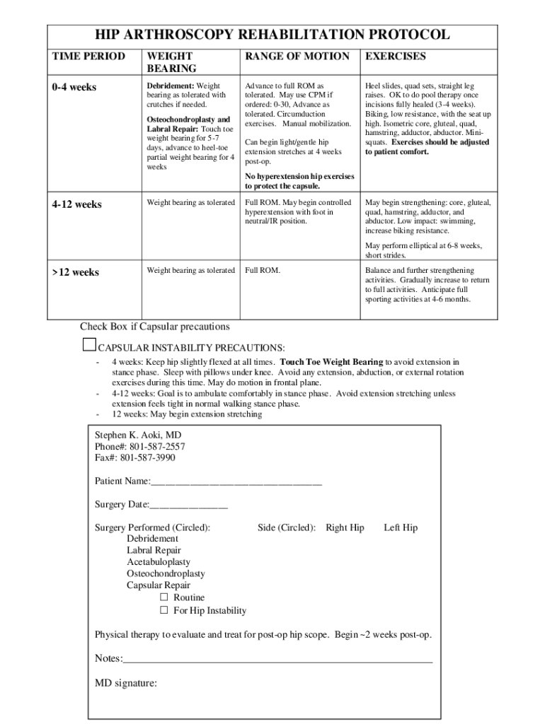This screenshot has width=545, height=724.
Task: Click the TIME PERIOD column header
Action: pyautogui.click(x=88, y=57)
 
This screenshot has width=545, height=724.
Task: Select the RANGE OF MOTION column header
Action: pyautogui.click(x=297, y=57)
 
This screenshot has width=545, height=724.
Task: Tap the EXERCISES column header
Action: pyautogui.click(x=395, y=57)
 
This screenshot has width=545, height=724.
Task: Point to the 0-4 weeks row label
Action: pyautogui.click(x=74, y=88)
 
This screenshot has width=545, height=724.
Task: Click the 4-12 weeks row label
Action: pyautogui.click(x=76, y=204)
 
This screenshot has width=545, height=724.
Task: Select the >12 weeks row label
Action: pyautogui.click(x=74, y=272)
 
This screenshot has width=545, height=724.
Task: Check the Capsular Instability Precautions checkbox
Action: pyautogui.click(x=88, y=344)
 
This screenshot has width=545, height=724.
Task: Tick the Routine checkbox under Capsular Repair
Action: pyautogui.click(x=164, y=597)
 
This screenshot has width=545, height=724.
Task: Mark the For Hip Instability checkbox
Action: pyautogui.click(x=164, y=610)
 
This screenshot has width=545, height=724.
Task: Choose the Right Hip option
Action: pyautogui.click(x=345, y=527)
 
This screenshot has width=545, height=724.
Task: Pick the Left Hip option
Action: pyautogui.click(x=401, y=527)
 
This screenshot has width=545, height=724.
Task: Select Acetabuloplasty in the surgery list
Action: pyautogui.click(x=159, y=562)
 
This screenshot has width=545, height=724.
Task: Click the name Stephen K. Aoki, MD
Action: pyautogui.click(x=133, y=435)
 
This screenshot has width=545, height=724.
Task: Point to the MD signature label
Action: pyautogui.click(x=126, y=683)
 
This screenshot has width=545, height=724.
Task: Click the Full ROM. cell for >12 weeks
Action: pyautogui.click(x=263, y=271)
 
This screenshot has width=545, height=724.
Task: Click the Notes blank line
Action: pyautogui.click(x=277, y=660)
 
